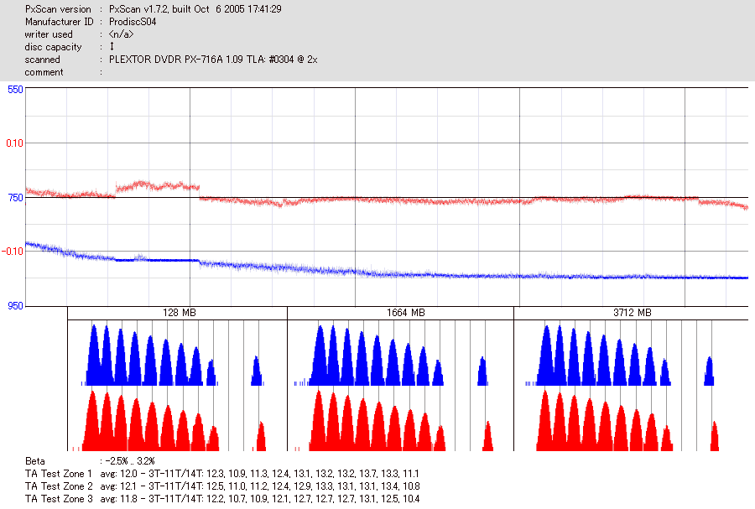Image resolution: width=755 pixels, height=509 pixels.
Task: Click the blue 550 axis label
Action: (x=15, y=89)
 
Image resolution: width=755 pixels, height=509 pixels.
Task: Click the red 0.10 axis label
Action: (x=15, y=143)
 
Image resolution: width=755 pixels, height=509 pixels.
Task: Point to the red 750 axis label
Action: (x=15, y=198)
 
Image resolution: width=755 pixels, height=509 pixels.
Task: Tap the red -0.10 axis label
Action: (x=13, y=252)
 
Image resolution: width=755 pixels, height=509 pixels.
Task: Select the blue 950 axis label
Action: (x=15, y=306)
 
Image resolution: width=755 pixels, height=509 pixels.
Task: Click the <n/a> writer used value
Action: (x=121, y=34)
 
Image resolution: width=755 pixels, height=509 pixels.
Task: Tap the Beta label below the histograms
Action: (x=35, y=460)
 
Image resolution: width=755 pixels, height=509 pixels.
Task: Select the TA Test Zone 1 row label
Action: (x=60, y=473)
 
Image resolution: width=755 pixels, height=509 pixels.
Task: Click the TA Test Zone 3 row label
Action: (x=60, y=498)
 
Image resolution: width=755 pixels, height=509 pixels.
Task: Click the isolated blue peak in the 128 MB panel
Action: (x=257, y=371)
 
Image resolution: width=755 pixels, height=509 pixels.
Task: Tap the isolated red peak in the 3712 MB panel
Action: (x=715, y=436)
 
